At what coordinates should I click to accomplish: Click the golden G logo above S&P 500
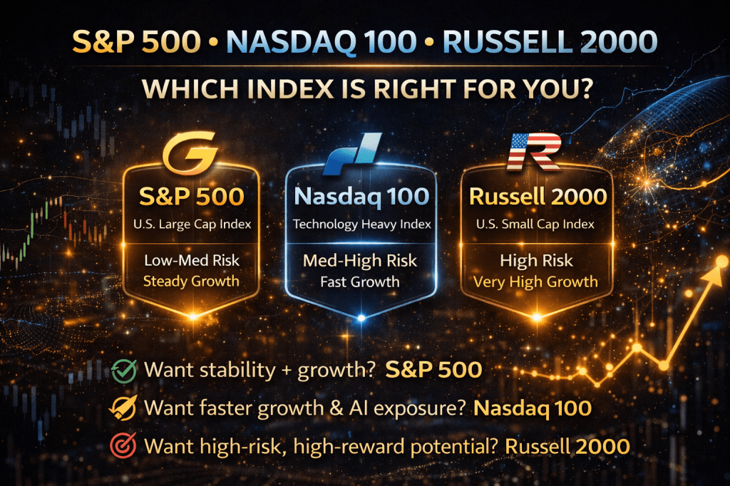(190, 152)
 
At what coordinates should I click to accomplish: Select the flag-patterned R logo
(534, 151)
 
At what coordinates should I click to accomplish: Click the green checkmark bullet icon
(124, 371)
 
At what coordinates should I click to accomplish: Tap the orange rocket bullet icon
(123, 408)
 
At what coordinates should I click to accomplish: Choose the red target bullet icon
(123, 445)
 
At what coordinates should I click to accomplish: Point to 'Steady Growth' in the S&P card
(191, 281)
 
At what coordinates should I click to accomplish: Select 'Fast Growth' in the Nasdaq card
(360, 281)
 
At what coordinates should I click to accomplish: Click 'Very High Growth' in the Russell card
(535, 281)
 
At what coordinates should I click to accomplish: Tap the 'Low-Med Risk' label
(192, 260)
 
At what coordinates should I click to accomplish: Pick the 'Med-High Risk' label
(360, 261)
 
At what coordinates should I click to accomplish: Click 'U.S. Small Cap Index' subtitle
(535, 224)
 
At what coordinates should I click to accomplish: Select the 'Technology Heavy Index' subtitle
(362, 224)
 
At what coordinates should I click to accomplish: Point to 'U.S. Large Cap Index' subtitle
(192, 224)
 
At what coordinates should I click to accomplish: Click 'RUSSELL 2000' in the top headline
(550, 42)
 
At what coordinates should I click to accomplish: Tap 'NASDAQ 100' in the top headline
(322, 42)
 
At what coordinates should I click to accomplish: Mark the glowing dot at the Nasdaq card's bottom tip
(361, 319)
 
